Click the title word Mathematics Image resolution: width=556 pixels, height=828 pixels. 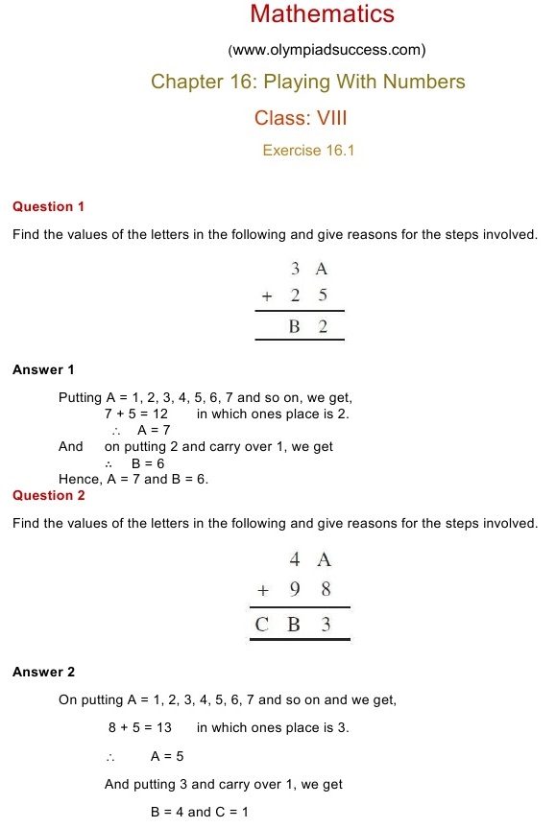pyautogui.click(x=322, y=14)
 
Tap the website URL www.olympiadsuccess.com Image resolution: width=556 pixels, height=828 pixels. pyautogui.click(x=326, y=50)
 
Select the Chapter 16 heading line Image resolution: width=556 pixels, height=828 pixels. pyautogui.click(x=307, y=82)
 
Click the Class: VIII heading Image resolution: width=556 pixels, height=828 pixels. pyautogui.click(x=300, y=118)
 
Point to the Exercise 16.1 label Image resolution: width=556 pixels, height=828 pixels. pyautogui.click(x=308, y=151)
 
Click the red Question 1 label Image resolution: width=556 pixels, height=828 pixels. pyautogui.click(x=49, y=206)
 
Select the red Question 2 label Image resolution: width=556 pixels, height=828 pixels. pyautogui.click(x=49, y=495)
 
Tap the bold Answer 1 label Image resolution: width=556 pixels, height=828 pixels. pyautogui.click(x=43, y=369)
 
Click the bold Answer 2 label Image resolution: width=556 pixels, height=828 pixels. pyautogui.click(x=43, y=673)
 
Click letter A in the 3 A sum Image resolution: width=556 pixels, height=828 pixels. pyautogui.click(x=322, y=270)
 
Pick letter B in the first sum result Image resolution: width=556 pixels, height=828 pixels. pyautogui.click(x=295, y=327)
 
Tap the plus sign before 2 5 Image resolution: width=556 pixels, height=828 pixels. pyautogui.click(x=267, y=296)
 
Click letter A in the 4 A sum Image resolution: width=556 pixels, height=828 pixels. pyautogui.click(x=324, y=560)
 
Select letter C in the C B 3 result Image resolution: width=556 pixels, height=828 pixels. pyautogui.click(x=262, y=625)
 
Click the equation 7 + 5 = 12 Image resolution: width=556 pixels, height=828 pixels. pyautogui.click(x=136, y=414)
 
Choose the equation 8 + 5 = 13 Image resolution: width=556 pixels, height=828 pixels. pyautogui.click(x=140, y=727)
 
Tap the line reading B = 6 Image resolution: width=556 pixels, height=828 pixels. pyautogui.click(x=148, y=462)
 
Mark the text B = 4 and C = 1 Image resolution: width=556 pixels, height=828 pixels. pyautogui.click(x=200, y=812)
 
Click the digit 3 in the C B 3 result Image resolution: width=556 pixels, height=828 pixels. pyautogui.click(x=326, y=625)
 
